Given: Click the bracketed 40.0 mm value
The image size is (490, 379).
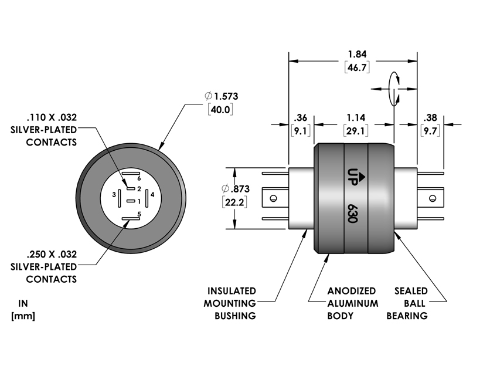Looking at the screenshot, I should (221, 110).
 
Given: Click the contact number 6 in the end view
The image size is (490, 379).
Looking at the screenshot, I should (139, 178).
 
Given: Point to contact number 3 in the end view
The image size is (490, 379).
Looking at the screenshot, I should (114, 194).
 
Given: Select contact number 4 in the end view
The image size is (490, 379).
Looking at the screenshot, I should (152, 194).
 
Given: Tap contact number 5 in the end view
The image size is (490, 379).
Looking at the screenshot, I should (139, 214).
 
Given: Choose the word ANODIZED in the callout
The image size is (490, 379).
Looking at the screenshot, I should (352, 291).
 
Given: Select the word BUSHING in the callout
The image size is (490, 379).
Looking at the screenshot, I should (236, 316).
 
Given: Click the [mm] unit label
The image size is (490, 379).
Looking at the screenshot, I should (23, 316).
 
